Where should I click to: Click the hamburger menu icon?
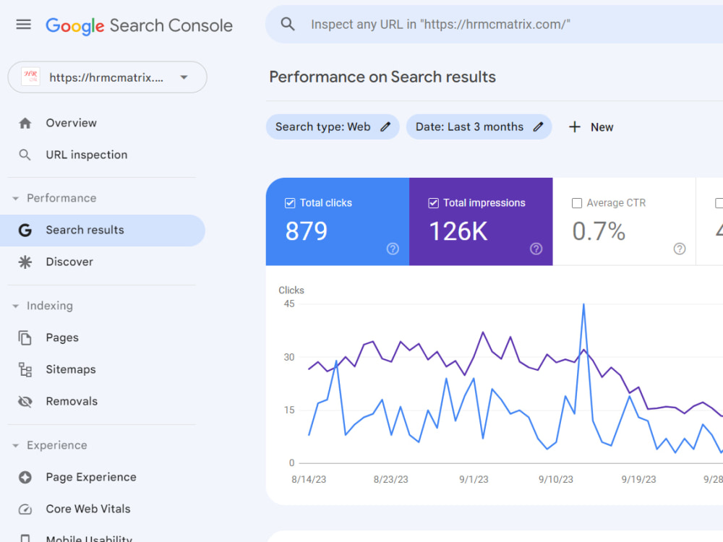[x=24, y=25]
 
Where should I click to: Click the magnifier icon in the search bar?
[x=288, y=24]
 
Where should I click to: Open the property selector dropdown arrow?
[x=184, y=77]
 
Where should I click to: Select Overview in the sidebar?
[x=71, y=123]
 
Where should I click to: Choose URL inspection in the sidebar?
[x=87, y=155]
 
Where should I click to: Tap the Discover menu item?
[x=69, y=262]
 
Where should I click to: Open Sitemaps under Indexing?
[x=71, y=369]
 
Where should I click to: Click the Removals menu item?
[x=72, y=401]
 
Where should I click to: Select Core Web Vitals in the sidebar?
[x=88, y=509]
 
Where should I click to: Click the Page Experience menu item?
[x=91, y=477]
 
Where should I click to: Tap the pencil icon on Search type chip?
[x=385, y=126]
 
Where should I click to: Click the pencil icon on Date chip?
[x=538, y=126]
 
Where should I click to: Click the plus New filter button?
[x=591, y=127]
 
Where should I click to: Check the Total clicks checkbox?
[x=290, y=203]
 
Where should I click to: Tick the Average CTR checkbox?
[x=577, y=203]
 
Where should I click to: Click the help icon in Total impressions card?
[x=536, y=249]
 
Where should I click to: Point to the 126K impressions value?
[x=458, y=231]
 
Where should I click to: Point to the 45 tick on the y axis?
[x=289, y=304]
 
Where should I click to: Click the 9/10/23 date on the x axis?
[x=555, y=479]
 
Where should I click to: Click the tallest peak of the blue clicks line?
[x=583, y=304]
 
